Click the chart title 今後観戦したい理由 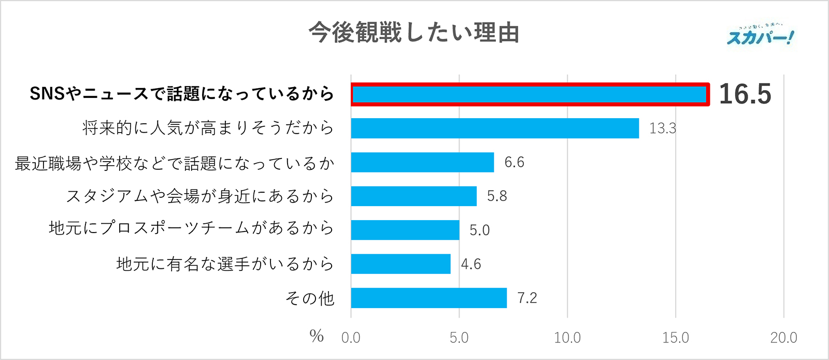[413, 33]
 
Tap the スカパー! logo [760, 36]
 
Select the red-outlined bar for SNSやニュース [530, 94]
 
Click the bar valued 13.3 [495, 128]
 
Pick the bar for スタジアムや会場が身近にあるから [413, 196]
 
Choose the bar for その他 [428, 298]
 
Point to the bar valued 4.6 [401, 264]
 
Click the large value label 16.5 [745, 94]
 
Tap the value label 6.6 [514, 162]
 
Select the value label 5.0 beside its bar [479, 230]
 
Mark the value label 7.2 [527, 298]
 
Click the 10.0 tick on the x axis [567, 338]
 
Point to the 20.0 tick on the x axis [783, 338]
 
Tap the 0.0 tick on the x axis [351, 338]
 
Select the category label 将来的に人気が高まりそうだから [208, 128]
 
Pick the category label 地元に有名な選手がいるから [225, 264]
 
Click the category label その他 [309, 298]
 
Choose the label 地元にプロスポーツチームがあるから [191, 228]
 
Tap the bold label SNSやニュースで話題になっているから [181, 94]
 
